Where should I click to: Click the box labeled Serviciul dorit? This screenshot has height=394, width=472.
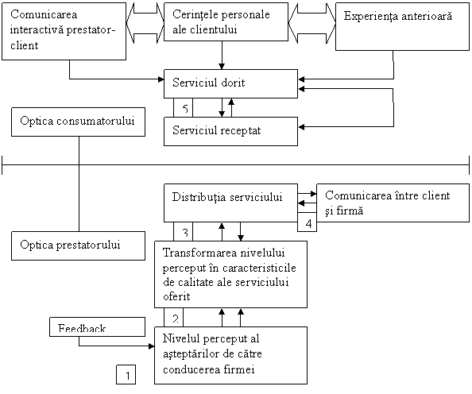pyautogui.click(x=230, y=83)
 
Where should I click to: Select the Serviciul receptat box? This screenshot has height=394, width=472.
pyautogui.click(x=230, y=132)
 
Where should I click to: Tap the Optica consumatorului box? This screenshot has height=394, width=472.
pyautogui.click(x=78, y=122)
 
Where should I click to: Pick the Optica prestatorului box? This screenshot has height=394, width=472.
pyautogui.click(x=78, y=246)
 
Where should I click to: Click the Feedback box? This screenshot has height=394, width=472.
pyautogui.click(x=97, y=327)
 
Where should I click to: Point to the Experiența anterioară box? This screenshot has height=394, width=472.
pyautogui.click(x=402, y=26)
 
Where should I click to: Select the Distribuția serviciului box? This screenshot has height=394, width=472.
pyautogui.click(x=230, y=203)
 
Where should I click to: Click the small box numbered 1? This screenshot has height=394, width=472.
pyautogui.click(x=126, y=374)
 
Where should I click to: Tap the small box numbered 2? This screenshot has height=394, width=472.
pyautogui.click(x=173, y=317)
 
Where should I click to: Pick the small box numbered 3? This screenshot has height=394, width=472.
pyautogui.click(x=183, y=231)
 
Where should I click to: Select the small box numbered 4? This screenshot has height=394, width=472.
pyautogui.click(x=307, y=222)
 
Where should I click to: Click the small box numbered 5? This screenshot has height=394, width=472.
pyautogui.click(x=183, y=107)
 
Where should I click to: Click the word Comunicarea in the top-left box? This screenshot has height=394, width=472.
pyautogui.click(x=44, y=14)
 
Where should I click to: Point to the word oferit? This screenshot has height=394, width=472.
pyautogui.click(x=176, y=296)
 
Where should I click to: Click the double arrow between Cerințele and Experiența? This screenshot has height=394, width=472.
pyautogui.click(x=311, y=23)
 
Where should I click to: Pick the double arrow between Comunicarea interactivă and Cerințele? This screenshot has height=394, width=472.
pyautogui.click(x=145, y=23)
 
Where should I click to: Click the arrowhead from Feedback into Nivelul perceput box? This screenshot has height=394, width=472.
pyautogui.click(x=152, y=346)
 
